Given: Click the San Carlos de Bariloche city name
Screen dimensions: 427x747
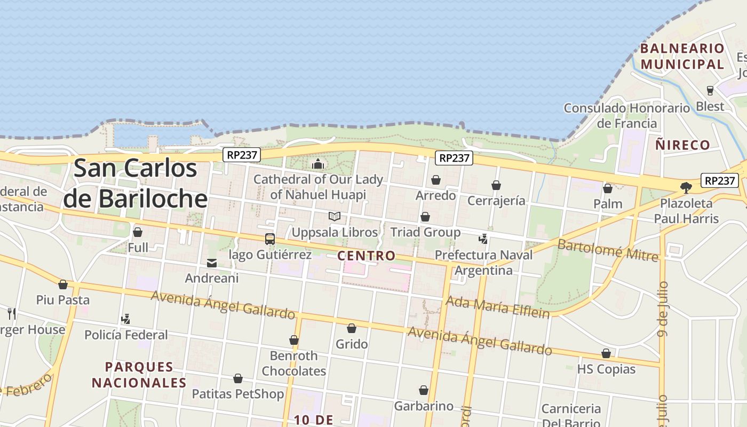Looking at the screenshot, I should pos(136,183).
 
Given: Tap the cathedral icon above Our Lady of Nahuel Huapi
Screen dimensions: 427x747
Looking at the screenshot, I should pos(318,163).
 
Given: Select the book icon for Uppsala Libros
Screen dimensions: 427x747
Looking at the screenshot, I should pos(335,217).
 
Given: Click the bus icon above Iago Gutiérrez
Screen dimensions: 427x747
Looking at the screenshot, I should pos(270,239).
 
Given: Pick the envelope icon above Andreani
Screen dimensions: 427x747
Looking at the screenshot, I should pos(212,263).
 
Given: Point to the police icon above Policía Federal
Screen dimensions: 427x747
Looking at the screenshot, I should pos(126,319).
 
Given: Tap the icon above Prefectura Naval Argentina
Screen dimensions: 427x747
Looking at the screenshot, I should pos(483,239).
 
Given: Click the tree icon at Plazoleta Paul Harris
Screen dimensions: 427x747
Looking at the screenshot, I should pos(686,187).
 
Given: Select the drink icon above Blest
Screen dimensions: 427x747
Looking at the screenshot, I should pos(710,90).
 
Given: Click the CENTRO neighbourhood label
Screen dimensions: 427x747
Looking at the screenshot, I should pos(367,256).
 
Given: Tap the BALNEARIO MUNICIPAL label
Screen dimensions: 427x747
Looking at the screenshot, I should pos(682,57).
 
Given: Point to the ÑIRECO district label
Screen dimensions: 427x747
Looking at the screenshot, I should pos(683,145).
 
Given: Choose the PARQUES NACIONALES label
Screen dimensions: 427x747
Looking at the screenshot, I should pos(139,375).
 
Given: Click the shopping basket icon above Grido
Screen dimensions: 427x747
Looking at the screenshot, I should pos(352,328).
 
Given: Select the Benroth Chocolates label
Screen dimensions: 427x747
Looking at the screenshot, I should pos(294,363).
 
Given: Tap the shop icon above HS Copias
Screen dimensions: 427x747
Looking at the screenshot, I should pos(606,353).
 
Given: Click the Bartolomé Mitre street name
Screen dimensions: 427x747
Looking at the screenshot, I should pos(608,250).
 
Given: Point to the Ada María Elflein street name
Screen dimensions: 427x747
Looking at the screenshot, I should pos(497,307).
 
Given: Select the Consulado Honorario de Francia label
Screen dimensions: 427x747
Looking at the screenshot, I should pos(627,116).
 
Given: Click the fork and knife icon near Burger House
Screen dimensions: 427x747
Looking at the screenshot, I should pos(12,313).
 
